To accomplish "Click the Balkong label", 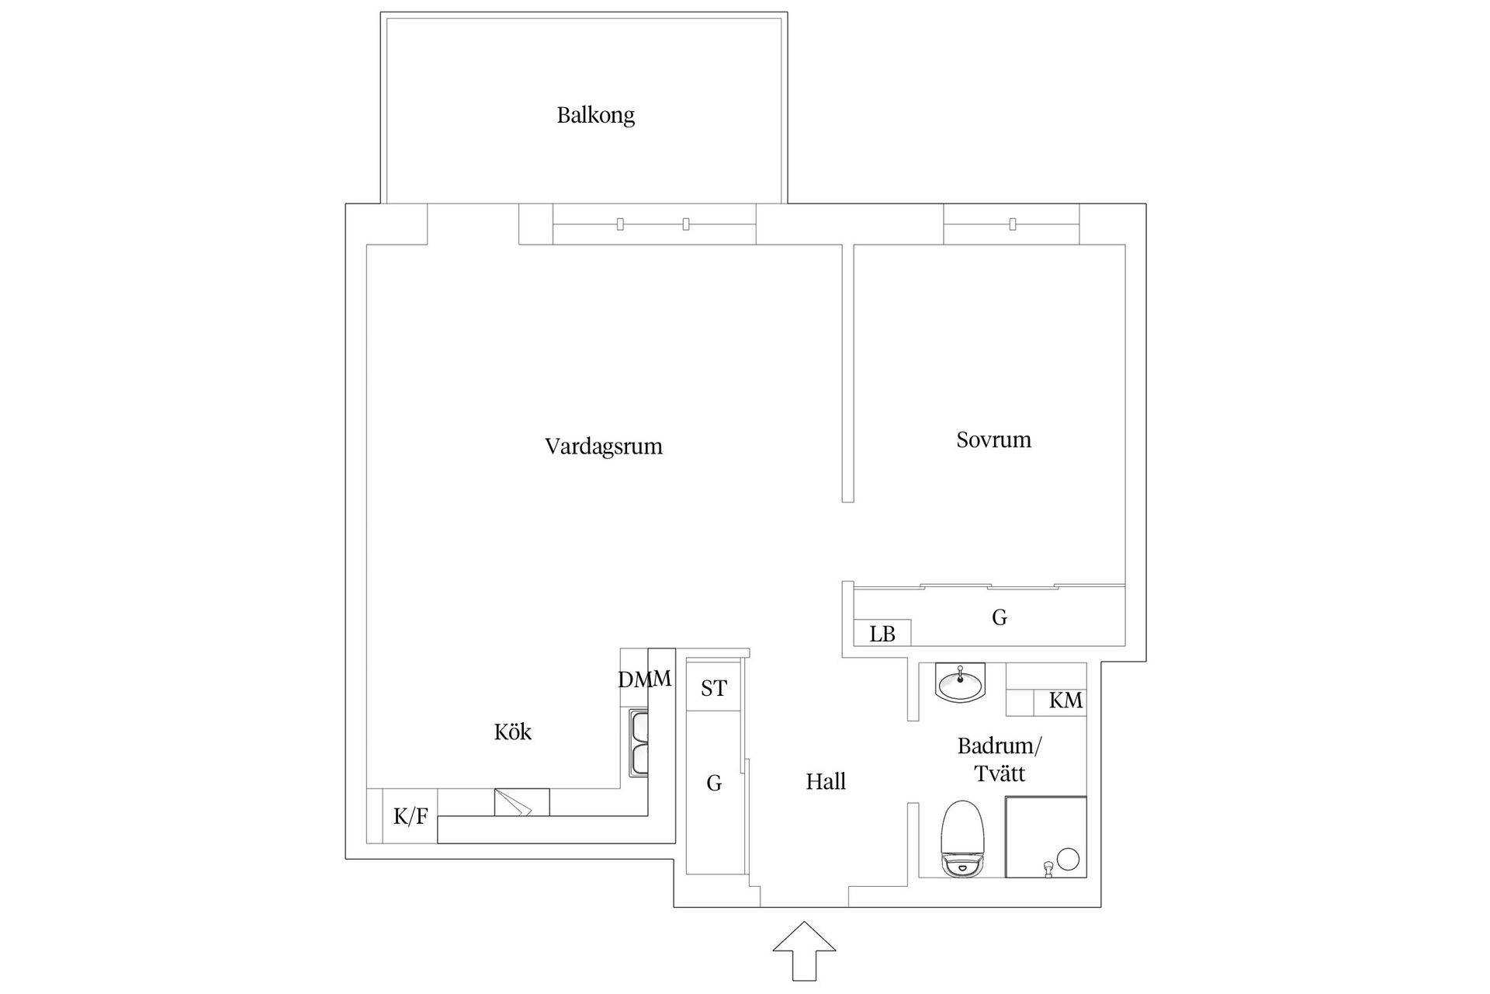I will pos(595,116).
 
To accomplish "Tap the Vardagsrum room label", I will pos(603,447).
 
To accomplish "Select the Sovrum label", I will pos(993,440).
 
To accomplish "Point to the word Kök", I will pos(512,732).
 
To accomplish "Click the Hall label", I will pos(825,781).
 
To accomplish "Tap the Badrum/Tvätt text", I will pos(1000,759).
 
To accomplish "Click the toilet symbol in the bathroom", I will pos(962,839).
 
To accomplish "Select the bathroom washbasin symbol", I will pos(960,683).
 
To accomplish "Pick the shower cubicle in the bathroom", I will pos(1045,837).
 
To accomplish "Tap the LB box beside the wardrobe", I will pos(882,634).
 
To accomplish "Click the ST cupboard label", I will pos(713,688).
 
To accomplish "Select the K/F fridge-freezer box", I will pos(410,816).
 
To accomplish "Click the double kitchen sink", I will pos(639,744).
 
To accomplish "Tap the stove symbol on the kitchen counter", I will pos(521,802).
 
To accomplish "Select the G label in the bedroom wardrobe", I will pos(999,617).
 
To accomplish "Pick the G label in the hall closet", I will pos(713,783).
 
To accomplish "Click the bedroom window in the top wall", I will pos(1011,224).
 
